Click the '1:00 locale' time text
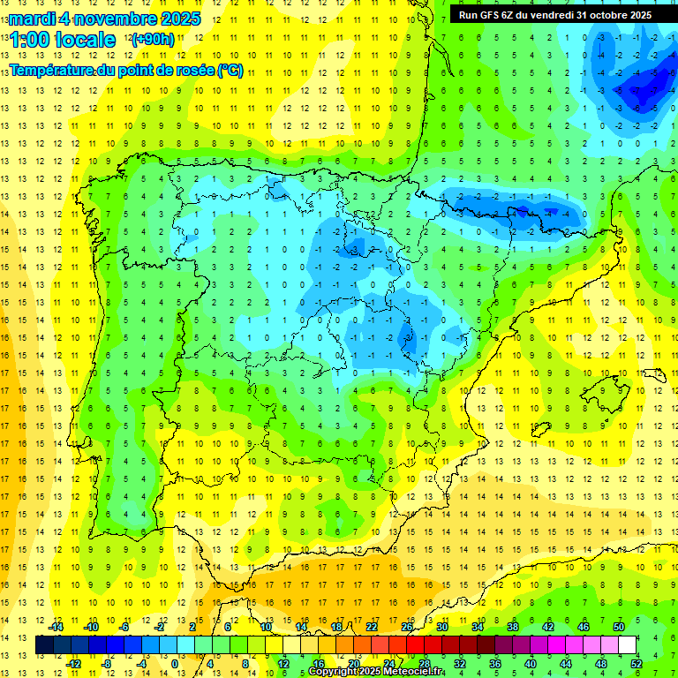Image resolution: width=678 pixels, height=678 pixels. (x=63, y=40)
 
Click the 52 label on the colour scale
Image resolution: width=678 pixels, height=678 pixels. (x=637, y=663)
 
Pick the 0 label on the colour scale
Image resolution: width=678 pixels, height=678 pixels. (x=175, y=663)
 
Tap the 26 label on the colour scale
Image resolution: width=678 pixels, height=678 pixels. (x=407, y=627)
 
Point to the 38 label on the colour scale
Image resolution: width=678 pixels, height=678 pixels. (x=512, y=627)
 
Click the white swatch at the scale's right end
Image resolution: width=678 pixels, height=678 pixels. (x=628, y=644)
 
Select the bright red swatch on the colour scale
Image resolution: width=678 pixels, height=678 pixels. (x=416, y=644)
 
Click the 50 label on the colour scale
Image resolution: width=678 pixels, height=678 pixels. (x=619, y=627)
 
